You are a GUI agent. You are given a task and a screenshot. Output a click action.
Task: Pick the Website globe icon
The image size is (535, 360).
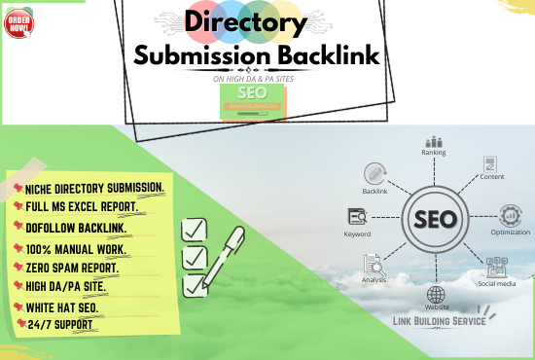[x=436, y=295]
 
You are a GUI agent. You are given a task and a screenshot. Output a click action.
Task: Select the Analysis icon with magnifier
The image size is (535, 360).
[x=374, y=264]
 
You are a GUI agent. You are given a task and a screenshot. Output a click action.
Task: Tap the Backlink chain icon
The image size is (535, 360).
[x=374, y=173]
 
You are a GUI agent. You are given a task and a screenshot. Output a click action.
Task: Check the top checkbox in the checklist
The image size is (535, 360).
[x=194, y=231]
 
